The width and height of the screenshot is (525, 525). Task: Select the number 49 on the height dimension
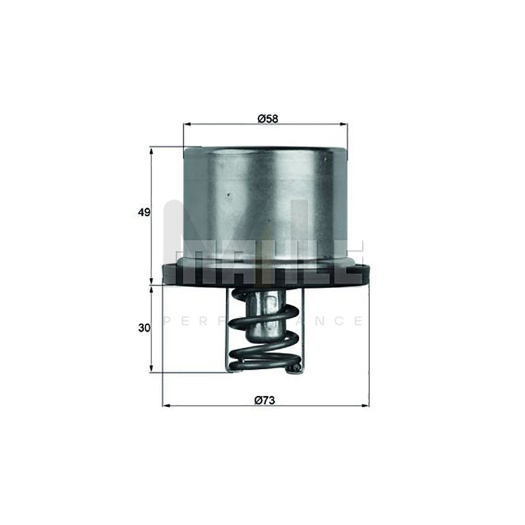(x=143, y=212)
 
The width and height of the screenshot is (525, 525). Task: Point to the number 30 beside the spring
(x=143, y=328)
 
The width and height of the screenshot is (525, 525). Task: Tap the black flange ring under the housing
(x=265, y=274)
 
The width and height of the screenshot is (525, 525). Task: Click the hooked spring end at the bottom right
(x=296, y=367)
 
